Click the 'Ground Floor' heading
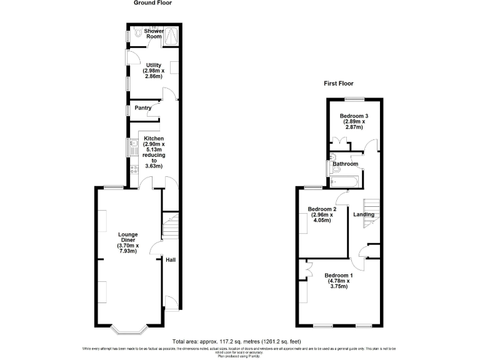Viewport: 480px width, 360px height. [x=152, y=3]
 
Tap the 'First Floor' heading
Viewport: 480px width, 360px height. [x=338, y=83]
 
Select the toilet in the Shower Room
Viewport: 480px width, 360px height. [x=137, y=32]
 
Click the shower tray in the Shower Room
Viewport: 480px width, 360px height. [x=171, y=36]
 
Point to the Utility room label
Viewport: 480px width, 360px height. [x=154, y=65]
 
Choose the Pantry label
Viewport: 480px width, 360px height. [x=143, y=108]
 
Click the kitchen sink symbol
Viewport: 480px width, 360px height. [x=133, y=147]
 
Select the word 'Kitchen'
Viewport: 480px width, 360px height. [x=154, y=139]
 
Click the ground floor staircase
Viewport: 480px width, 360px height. [x=171, y=226]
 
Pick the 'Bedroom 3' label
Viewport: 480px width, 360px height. [x=354, y=116]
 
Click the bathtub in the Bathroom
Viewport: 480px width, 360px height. [x=344, y=181]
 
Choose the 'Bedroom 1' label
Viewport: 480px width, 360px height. [x=339, y=275]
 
